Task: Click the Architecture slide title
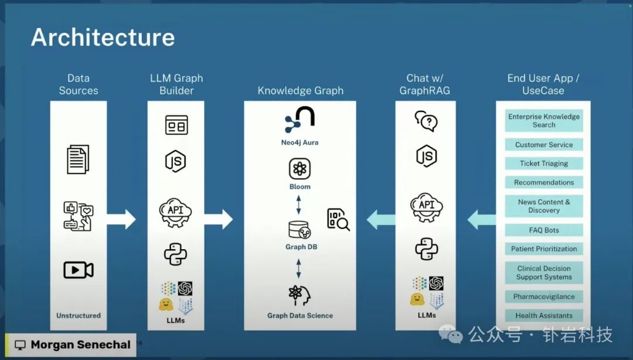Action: pos(103,38)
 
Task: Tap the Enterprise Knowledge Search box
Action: pos(544,121)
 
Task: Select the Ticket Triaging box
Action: pos(544,164)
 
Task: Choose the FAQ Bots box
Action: pos(544,230)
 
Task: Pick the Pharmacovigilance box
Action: pos(544,297)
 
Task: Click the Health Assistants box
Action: pos(544,315)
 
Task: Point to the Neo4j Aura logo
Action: pos(300,120)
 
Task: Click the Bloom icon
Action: pos(300,169)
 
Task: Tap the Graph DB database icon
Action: pos(300,230)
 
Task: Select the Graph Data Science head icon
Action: pos(300,295)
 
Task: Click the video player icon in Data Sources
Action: pos(79,270)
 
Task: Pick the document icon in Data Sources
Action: pos(78,159)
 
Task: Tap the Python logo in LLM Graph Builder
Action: pos(175,253)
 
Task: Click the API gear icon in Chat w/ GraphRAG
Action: pos(427,207)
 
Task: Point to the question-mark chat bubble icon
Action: pos(426,121)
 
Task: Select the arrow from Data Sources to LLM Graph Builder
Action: pos(121,219)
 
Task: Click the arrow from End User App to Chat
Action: pos(481,220)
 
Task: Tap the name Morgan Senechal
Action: pos(73,345)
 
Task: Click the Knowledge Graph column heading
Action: pos(300,91)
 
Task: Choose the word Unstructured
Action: pos(79,315)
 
